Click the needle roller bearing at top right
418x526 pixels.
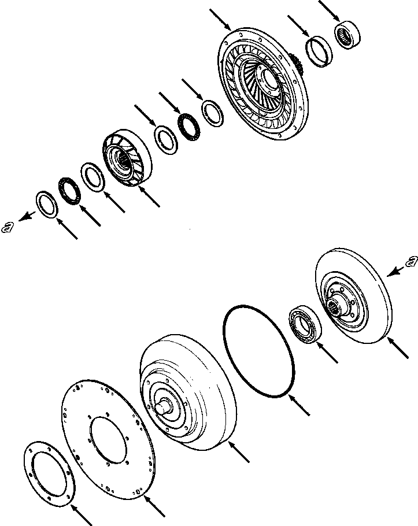click(349, 35)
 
